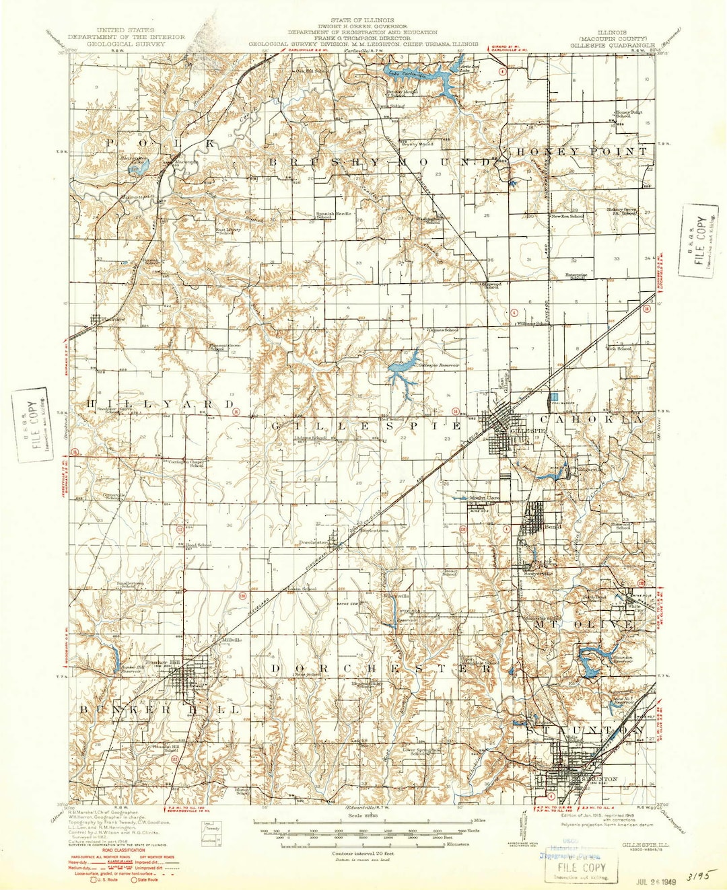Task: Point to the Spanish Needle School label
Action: click(x=324, y=215)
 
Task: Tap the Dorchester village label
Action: click(x=313, y=542)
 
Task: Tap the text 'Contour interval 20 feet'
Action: click(x=363, y=853)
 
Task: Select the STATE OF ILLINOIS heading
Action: click(x=363, y=21)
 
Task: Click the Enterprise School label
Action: click(x=576, y=276)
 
